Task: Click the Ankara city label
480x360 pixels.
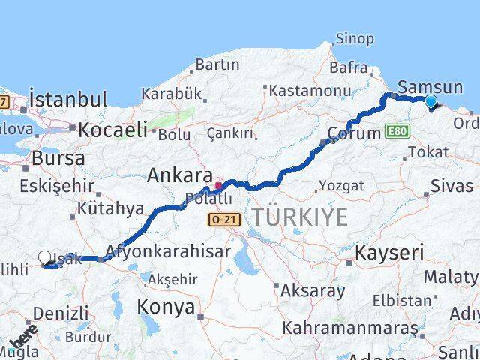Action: (180, 175)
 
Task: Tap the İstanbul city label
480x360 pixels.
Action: (68, 98)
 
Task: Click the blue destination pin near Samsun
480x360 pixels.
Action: (430, 103)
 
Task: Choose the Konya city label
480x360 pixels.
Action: (166, 307)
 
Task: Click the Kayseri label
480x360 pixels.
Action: (389, 252)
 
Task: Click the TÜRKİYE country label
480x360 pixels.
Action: (299, 217)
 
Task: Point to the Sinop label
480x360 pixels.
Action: (355, 38)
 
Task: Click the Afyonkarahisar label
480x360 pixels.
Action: (168, 252)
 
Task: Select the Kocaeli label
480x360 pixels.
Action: (112, 130)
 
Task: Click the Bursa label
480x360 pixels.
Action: (58, 159)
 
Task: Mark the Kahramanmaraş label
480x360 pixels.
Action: (349, 328)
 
